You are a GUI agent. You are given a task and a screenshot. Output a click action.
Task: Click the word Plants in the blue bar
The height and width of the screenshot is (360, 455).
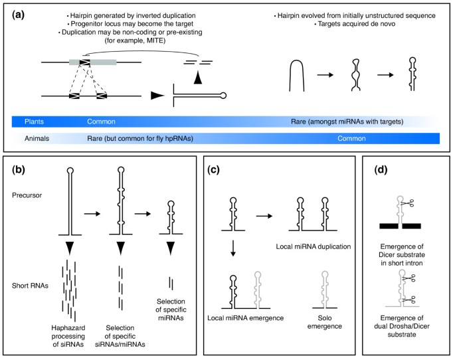point(35,122)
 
